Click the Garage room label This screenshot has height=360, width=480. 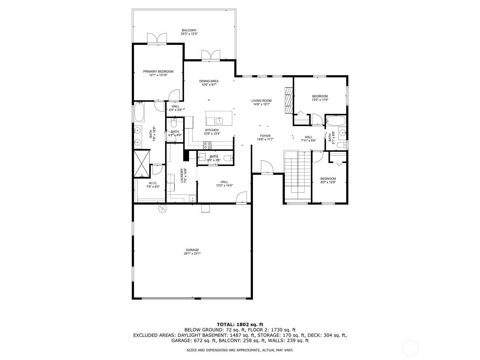tap(192, 250)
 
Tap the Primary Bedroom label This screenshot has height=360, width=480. tap(158, 71)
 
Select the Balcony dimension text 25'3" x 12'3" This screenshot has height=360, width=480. tap(189, 34)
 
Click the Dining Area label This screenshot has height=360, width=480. tap(209, 81)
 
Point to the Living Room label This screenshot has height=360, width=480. tap(261, 101)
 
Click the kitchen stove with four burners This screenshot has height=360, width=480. tap(207, 145)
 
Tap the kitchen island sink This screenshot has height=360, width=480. tap(219, 120)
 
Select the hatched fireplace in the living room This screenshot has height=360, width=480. tap(288, 100)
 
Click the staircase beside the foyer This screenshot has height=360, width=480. tap(297, 175)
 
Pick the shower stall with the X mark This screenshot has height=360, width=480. tap(142, 163)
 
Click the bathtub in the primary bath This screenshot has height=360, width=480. tap(139, 112)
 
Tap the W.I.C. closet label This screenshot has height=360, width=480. tap(153, 183)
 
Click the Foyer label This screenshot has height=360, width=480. tap(265, 136)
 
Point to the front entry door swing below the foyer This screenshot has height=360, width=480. tap(267, 167)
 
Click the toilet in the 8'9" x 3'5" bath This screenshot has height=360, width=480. tap(228, 158)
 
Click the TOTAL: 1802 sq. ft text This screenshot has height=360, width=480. tap(240, 325)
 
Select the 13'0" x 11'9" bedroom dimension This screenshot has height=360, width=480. tap(320, 100)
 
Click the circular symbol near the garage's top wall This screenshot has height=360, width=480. tap(163, 209)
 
